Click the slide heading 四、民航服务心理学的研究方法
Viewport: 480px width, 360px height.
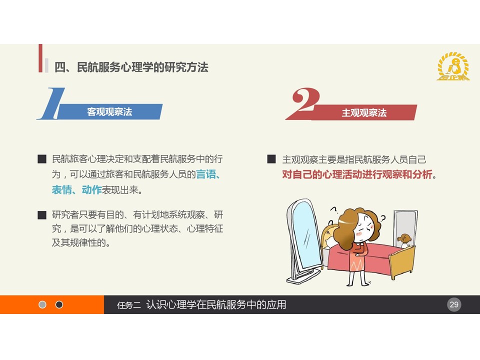131,67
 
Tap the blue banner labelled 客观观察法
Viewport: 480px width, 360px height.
109,111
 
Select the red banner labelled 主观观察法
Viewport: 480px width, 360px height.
364,112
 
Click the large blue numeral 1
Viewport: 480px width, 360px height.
51,103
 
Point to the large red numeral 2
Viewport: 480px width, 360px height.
304,101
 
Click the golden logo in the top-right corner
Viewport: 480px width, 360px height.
453,66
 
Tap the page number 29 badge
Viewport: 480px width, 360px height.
454,304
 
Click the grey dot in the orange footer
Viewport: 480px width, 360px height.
42,304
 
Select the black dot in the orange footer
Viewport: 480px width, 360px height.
59,304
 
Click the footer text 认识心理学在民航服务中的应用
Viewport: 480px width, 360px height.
216,304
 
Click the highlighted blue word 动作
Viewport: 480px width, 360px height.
91,190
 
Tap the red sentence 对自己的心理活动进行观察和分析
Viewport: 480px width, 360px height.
357,174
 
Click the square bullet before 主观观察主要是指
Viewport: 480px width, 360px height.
271,159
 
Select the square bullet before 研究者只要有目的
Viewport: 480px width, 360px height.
42,215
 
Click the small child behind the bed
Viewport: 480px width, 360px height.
404,241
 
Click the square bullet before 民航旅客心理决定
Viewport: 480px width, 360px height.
42,159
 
